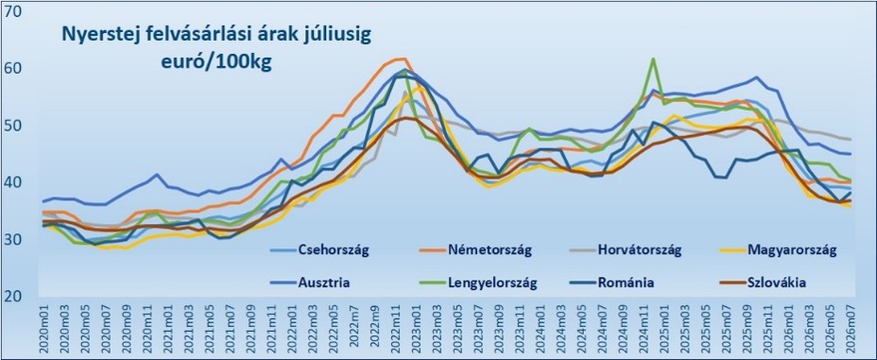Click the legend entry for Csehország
318,249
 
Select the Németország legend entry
474,249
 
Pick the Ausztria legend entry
309,283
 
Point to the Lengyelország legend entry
477,283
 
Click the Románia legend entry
610,283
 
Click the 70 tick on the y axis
11,10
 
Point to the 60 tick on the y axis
11,68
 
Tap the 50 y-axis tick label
11,126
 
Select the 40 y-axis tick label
11,182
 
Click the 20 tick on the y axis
11,296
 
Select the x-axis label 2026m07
849,329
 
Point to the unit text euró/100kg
216,61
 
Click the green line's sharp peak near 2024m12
653,59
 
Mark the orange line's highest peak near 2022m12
404,59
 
